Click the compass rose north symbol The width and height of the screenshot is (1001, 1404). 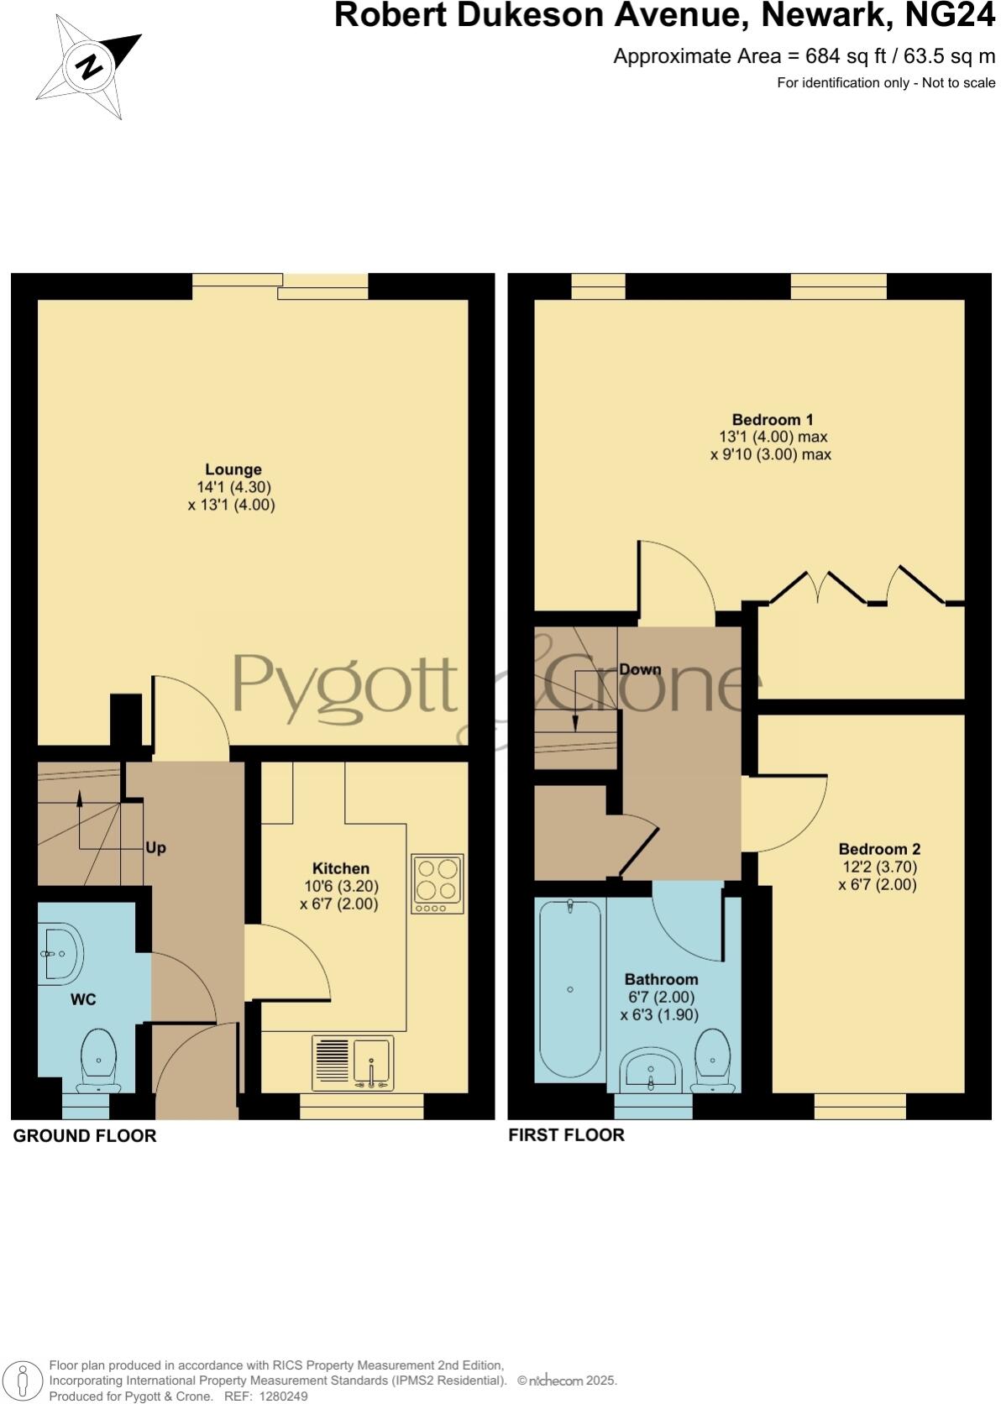87,66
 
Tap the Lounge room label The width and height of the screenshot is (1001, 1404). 233,469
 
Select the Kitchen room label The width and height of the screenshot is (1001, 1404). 340,868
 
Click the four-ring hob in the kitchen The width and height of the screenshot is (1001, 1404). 437,883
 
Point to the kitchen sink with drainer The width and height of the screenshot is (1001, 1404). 353,1062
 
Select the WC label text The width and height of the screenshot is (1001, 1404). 83,999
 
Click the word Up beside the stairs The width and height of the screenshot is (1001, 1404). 155,848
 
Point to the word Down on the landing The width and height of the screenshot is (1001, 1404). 640,670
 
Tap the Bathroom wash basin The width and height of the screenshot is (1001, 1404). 651,1070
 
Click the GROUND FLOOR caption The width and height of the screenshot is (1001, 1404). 85,1136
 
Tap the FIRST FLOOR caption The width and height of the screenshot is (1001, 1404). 567,1135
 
